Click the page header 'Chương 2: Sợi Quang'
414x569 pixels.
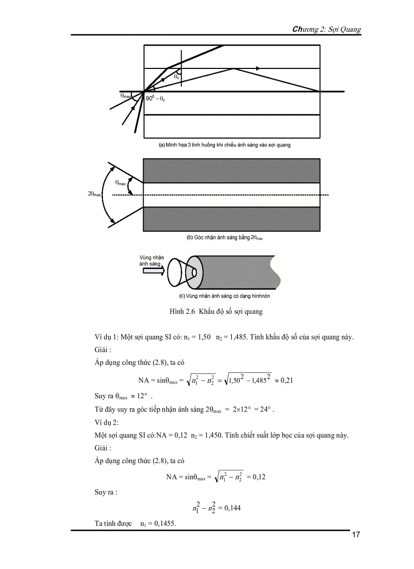(x=327, y=29)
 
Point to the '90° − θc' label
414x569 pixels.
(x=155, y=99)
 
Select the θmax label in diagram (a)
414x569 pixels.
(x=126, y=95)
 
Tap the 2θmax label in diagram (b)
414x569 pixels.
(x=95, y=194)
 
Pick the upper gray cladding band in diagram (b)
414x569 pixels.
(x=231, y=170)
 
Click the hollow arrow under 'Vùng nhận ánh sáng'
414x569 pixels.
(x=154, y=272)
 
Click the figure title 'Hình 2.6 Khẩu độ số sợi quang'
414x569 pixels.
(x=216, y=311)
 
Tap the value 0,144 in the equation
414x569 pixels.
(x=232, y=506)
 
